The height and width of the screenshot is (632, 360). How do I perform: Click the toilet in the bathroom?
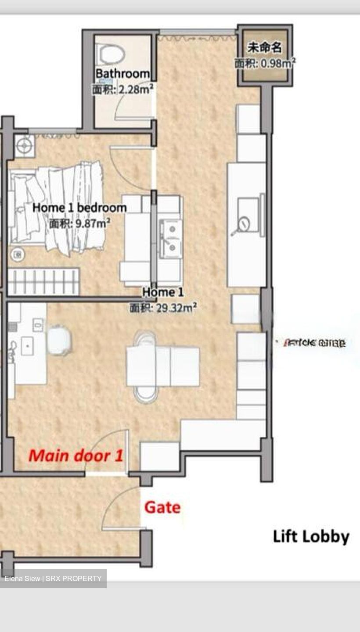click(111, 54)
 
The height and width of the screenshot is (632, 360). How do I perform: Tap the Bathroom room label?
click(122, 74)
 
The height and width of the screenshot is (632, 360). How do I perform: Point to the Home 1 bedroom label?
click(79, 208)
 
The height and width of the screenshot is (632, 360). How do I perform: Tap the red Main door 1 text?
click(76, 456)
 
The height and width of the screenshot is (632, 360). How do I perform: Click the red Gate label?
click(162, 508)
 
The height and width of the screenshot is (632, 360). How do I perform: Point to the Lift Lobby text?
click(311, 537)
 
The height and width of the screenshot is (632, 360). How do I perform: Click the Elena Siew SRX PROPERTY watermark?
click(53, 578)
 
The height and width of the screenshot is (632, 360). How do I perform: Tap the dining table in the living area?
click(162, 366)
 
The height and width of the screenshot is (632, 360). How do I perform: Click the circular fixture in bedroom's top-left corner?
click(24, 144)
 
